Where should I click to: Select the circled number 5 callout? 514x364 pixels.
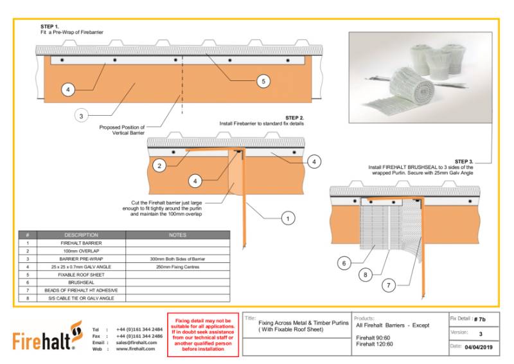(x=261, y=81)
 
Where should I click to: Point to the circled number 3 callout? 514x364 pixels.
(x=80, y=116)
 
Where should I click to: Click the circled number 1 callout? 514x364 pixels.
(x=288, y=219)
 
